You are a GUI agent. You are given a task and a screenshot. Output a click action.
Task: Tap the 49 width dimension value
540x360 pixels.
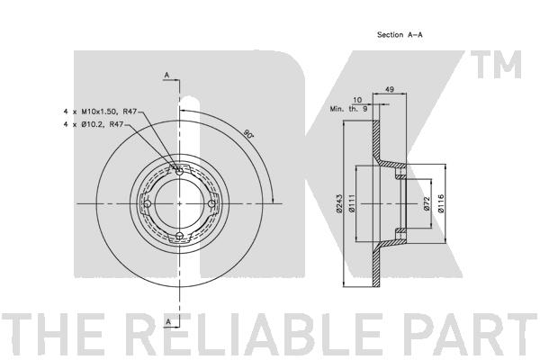click(x=390, y=90)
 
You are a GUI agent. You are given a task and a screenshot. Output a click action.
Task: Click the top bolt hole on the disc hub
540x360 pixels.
click(x=179, y=171)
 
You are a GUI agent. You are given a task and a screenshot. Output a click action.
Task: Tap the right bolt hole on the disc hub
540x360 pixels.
click(x=211, y=203)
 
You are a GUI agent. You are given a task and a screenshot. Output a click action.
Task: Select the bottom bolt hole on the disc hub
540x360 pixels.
click(x=179, y=236)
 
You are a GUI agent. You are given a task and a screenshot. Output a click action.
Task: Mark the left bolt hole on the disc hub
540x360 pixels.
click(x=147, y=203)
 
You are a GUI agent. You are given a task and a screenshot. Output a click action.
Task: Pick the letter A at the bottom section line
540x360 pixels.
click(x=167, y=320)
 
